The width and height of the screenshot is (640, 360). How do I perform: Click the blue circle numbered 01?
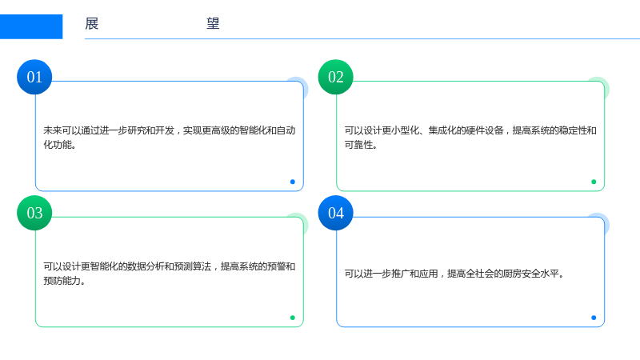tap(34, 77)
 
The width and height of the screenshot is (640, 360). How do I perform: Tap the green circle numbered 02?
tap(335, 77)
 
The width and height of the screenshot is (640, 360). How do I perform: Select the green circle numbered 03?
tap(34, 213)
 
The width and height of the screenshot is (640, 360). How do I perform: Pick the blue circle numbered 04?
tap(335, 213)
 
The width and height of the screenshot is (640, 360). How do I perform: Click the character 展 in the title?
tap(92, 24)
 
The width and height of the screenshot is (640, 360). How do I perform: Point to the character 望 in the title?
tap(213, 24)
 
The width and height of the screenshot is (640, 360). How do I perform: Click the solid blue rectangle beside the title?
tap(31, 26)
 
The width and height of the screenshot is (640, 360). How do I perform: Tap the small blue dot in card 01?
tap(293, 182)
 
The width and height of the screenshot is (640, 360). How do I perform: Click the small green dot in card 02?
tap(594, 182)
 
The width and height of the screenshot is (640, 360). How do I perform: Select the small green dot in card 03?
tap(293, 318)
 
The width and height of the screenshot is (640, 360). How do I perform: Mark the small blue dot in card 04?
tap(594, 318)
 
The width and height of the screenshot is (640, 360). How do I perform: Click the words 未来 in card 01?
tap(53, 130)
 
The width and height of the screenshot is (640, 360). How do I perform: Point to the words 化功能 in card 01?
tap(58, 145)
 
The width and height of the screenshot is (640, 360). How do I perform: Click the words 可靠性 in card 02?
tap(358, 145)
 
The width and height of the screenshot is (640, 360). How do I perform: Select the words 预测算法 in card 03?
tap(192, 266)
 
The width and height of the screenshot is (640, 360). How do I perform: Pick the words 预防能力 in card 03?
tap(62, 281)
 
